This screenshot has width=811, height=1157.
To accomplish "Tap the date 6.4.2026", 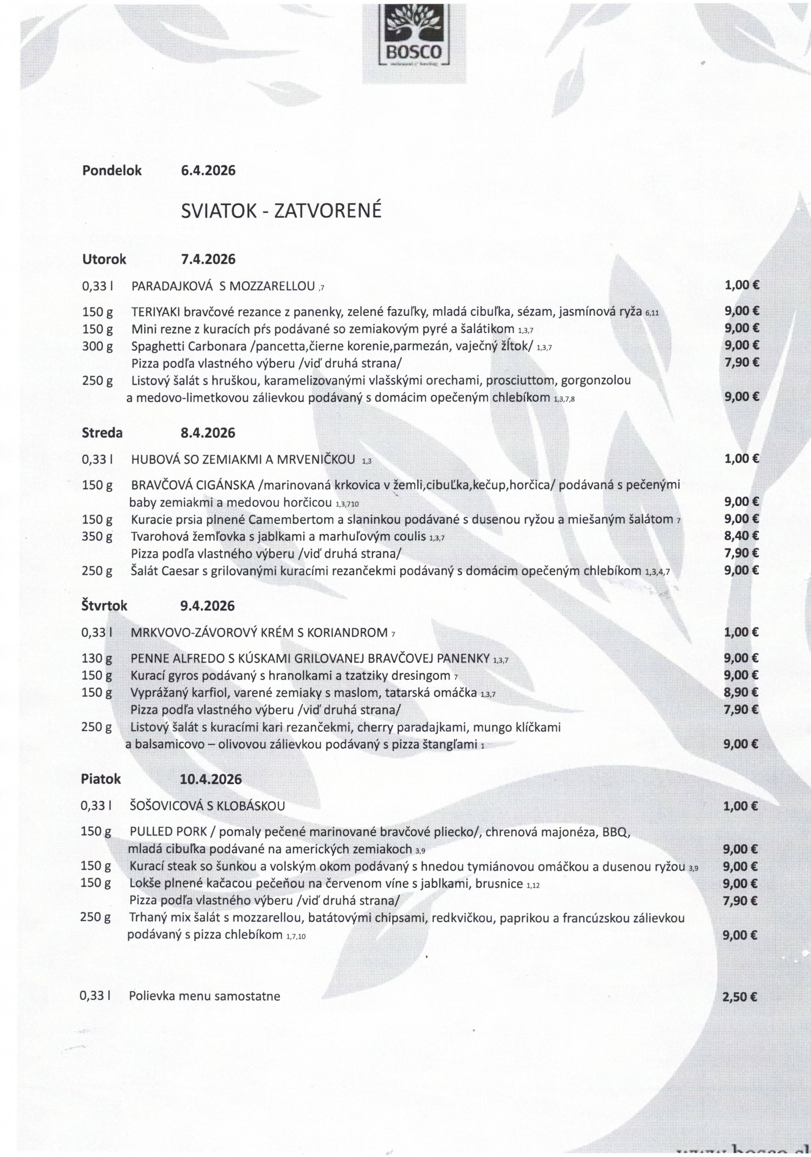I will coord(208,171).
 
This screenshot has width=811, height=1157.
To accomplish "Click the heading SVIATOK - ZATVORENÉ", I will coord(281,211).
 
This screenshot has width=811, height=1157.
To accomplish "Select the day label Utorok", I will coord(104,260).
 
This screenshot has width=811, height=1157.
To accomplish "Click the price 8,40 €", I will coord(741,536).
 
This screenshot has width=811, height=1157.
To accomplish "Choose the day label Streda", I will coord(102,433).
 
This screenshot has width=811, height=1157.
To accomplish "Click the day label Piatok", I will coord(101,779).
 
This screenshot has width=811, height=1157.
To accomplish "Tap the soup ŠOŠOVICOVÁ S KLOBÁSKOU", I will coord(207,806).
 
